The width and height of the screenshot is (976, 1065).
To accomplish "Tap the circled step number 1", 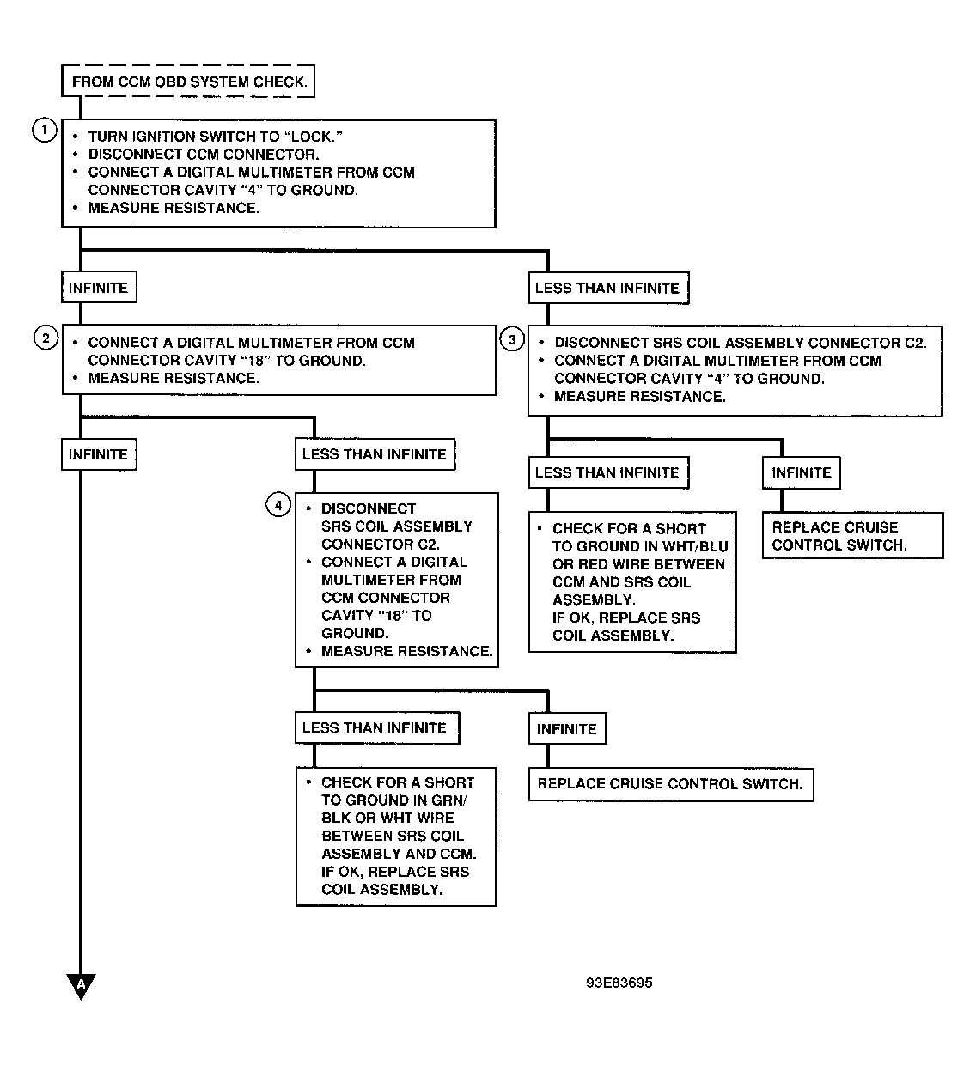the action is (x=45, y=130).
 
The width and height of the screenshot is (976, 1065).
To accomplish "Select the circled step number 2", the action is (x=46, y=338).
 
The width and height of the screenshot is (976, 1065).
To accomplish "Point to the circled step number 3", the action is (x=512, y=339).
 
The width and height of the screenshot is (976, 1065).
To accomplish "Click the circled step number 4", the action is (x=278, y=505).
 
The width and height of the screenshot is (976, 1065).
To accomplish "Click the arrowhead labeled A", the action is (x=81, y=987).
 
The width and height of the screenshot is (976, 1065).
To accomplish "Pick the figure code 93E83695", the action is (x=619, y=983).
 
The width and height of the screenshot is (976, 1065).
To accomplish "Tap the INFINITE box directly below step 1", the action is (x=99, y=287).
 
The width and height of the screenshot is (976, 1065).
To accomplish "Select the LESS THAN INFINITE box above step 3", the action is (x=609, y=288).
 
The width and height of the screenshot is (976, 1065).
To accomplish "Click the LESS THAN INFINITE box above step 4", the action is (x=375, y=454).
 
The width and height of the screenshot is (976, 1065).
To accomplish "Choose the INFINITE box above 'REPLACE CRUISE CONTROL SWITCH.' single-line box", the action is (x=567, y=728).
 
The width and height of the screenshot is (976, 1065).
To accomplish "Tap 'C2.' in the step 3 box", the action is (x=916, y=343).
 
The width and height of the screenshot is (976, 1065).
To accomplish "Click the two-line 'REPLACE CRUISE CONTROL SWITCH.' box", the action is (x=853, y=535).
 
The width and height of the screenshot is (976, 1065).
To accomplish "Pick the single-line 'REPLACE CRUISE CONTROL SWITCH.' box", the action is (x=671, y=784).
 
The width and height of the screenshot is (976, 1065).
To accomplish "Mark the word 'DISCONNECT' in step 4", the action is (x=369, y=508).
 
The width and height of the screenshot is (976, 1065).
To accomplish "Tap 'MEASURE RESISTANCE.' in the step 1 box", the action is (x=174, y=208).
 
